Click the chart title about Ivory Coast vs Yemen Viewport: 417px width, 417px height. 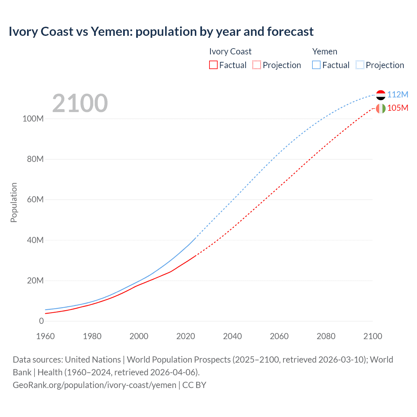click(x=161, y=32)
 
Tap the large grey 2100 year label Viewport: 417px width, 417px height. click(x=80, y=103)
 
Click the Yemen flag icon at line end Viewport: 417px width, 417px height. click(x=381, y=95)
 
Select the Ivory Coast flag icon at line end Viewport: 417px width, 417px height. click(x=381, y=108)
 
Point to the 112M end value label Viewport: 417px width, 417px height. click(x=397, y=94)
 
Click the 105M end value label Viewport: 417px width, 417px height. click(x=397, y=108)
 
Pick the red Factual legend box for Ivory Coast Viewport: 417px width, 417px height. click(x=213, y=65)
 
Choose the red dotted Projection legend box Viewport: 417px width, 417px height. click(x=257, y=65)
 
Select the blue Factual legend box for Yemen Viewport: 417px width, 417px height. click(x=316, y=65)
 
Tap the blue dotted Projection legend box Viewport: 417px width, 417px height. click(x=360, y=65)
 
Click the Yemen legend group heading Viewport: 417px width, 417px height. click(x=324, y=51)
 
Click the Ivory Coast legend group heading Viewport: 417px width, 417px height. click(x=230, y=51)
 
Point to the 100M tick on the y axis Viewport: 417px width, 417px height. click(x=33, y=119)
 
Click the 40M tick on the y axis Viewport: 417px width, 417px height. click(x=35, y=240)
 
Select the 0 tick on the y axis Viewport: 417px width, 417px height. click(x=41, y=321)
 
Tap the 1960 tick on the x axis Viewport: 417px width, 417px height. click(x=45, y=336)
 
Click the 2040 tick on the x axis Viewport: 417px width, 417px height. click(x=232, y=336)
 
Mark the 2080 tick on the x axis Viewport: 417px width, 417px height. click(x=326, y=336)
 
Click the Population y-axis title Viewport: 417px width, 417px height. click(x=14, y=202)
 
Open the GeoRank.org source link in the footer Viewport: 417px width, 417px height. click(x=94, y=385)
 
